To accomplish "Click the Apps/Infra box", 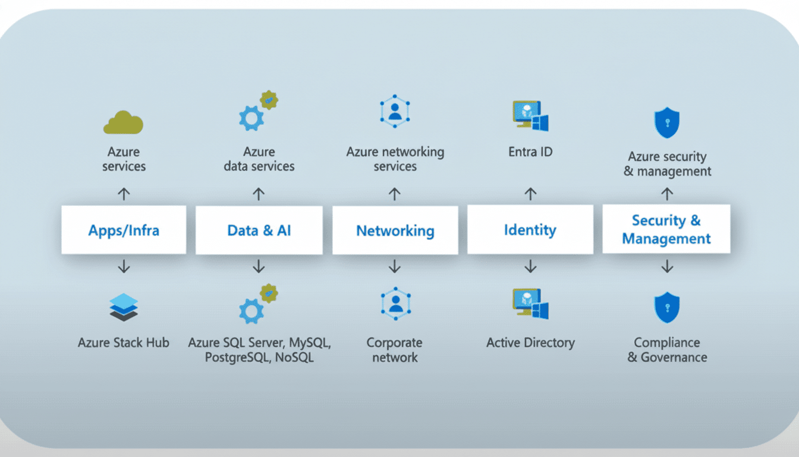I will [x=124, y=230].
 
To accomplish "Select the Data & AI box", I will [x=259, y=230].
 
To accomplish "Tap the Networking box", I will [x=395, y=230].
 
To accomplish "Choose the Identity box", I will [x=530, y=230].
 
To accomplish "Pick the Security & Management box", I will [x=666, y=229].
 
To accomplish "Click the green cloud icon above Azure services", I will [x=124, y=122].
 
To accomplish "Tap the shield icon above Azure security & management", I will [x=666, y=123].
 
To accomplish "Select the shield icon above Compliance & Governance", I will [x=666, y=308].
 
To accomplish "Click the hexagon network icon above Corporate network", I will [x=395, y=303].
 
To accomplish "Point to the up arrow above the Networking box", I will [x=395, y=194].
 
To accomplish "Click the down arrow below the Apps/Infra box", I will [x=124, y=267].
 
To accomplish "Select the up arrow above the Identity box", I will [x=530, y=194].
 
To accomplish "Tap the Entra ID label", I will [x=530, y=152].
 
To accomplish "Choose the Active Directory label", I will [x=530, y=343].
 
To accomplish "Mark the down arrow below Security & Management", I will [x=667, y=267].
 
